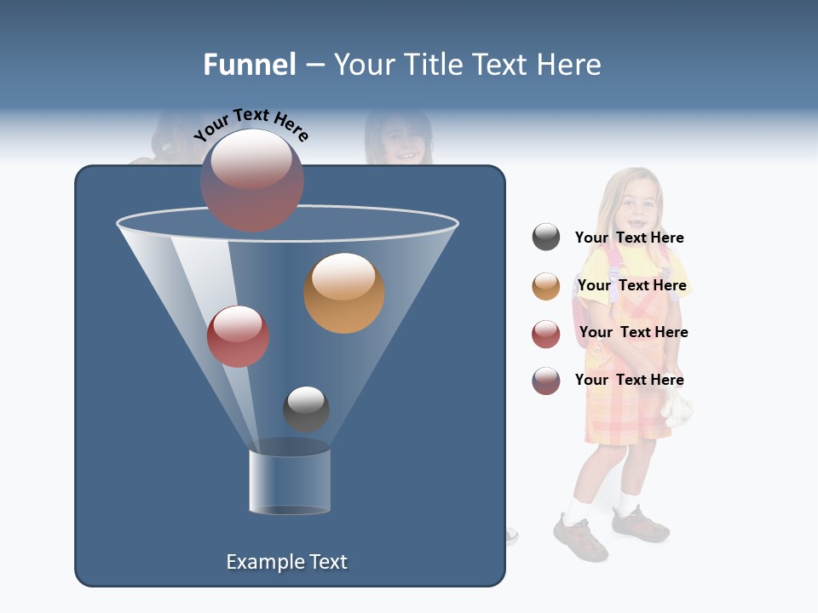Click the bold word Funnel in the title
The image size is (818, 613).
(249, 65)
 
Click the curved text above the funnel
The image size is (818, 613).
(251, 126)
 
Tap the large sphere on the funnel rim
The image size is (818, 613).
(251, 180)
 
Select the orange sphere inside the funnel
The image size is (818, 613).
(343, 293)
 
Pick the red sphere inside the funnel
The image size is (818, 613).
(238, 336)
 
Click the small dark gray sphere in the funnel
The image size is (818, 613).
(306, 409)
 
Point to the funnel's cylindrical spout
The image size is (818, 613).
(290, 481)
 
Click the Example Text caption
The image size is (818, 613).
(286, 562)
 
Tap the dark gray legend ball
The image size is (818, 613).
(546, 238)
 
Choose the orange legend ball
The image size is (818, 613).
(546, 286)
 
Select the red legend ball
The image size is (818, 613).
(546, 334)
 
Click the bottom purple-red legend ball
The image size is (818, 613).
(546, 381)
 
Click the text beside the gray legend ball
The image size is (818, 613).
(629, 238)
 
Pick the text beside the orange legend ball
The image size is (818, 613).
(631, 285)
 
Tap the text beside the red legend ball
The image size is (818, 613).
(633, 332)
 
